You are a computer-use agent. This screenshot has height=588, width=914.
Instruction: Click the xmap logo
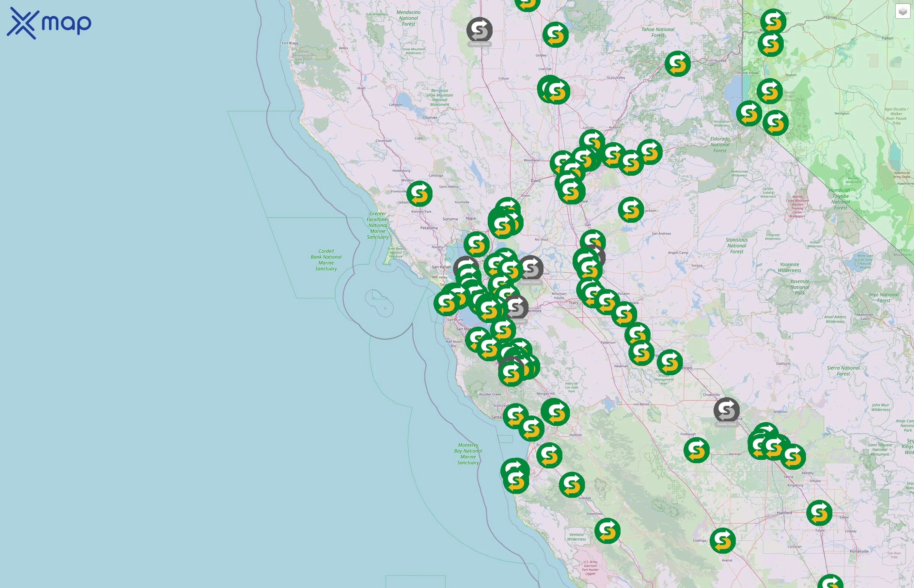[x=49, y=23]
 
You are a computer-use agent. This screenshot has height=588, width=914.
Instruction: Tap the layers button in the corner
[x=903, y=11]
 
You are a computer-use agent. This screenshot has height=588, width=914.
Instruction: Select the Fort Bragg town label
[x=290, y=43]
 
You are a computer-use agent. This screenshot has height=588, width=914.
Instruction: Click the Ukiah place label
[x=361, y=88]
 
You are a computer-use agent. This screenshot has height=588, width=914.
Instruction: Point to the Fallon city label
[x=887, y=38]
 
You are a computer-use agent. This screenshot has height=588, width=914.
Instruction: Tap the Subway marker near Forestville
[x=419, y=194]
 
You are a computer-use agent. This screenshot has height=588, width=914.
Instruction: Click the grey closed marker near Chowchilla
[x=726, y=410]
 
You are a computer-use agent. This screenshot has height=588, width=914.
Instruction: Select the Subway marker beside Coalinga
[x=722, y=540]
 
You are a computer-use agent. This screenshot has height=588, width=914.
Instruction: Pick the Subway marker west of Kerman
[x=697, y=450]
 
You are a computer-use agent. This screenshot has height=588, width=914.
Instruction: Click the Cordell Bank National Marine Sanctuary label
[x=326, y=260]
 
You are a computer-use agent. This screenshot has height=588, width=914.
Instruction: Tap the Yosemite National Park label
[x=799, y=287]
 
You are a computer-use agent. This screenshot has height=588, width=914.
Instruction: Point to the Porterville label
[x=859, y=551]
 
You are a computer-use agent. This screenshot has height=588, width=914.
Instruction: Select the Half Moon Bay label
[x=453, y=344]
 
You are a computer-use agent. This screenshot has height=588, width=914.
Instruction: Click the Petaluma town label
[x=429, y=228]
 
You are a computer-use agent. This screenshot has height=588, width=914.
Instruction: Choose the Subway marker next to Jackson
[x=631, y=210]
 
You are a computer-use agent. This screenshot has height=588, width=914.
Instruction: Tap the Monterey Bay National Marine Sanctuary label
[x=468, y=454]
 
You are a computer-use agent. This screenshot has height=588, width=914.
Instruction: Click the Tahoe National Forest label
[x=658, y=32]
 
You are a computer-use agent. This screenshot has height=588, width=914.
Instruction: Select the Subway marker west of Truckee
[x=677, y=63]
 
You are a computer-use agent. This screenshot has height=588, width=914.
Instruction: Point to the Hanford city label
[x=784, y=513]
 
